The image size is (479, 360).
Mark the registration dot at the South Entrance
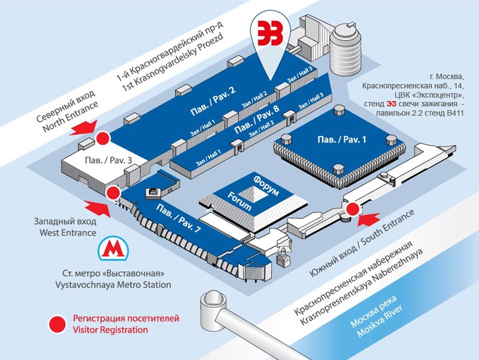pos(353,209)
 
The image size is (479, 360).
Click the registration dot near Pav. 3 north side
pos(104,138)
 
